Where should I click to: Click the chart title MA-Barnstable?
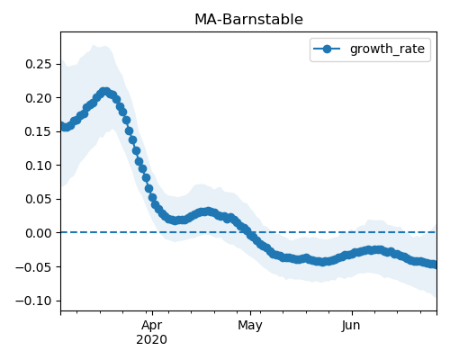(248, 20)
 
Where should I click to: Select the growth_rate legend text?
(387, 49)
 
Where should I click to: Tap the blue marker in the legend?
(327, 49)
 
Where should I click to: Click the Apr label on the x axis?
(152, 326)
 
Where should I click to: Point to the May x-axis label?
(250, 326)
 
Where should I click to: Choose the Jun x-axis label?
(351, 326)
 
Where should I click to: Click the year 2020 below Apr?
(151, 340)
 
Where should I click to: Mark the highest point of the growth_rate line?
(104, 92)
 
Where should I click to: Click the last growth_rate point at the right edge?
(434, 265)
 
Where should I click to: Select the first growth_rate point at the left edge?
(63, 126)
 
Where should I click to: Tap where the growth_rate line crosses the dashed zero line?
(249, 232)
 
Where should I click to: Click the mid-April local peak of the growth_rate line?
(208, 211)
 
